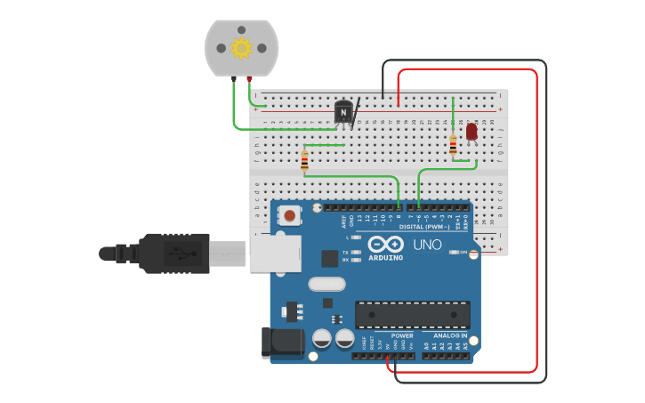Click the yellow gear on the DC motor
(241, 47)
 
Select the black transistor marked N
(343, 112)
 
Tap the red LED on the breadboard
(472, 132)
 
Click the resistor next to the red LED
(453, 145)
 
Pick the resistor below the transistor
(304, 161)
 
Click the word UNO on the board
(427, 245)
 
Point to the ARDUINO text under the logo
(385, 258)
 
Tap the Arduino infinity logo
(386, 244)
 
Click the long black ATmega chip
(412, 315)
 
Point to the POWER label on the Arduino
(402, 336)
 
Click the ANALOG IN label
(450, 336)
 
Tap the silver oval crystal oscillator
(327, 285)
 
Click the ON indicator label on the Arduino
(463, 253)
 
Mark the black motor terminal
(233, 79)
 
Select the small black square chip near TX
(330, 258)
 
